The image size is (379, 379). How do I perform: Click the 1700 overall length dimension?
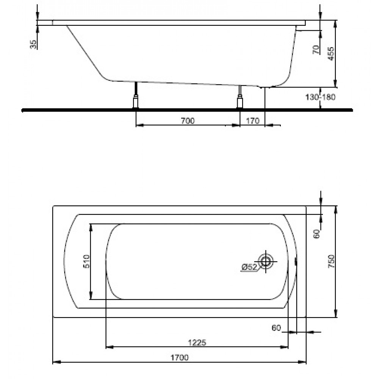point(179,357)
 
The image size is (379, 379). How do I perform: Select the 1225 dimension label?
point(197,343)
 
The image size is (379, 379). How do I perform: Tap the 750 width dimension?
point(331,261)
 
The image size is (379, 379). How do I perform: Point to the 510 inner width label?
point(86,261)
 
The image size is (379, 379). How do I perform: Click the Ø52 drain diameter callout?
point(249,267)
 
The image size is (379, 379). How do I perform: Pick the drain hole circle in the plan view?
point(266,261)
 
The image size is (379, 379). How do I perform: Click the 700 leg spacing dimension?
point(188,121)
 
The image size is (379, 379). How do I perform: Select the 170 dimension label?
point(252,121)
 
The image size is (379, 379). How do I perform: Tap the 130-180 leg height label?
point(321,97)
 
